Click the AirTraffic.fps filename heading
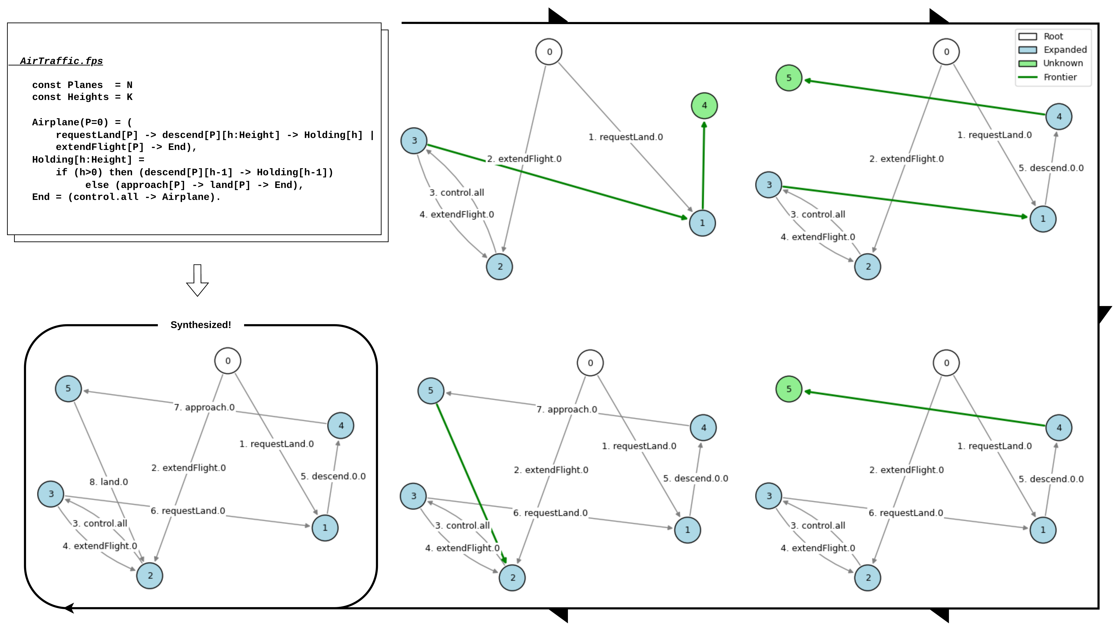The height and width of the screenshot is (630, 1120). click(x=61, y=61)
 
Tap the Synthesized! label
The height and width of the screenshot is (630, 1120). click(x=200, y=325)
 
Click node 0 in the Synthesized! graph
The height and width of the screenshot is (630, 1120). click(x=228, y=361)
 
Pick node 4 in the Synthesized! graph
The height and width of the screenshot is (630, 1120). click(x=341, y=426)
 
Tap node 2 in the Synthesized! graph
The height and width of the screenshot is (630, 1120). click(x=150, y=576)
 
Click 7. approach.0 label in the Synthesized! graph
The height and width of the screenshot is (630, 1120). click(x=204, y=407)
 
